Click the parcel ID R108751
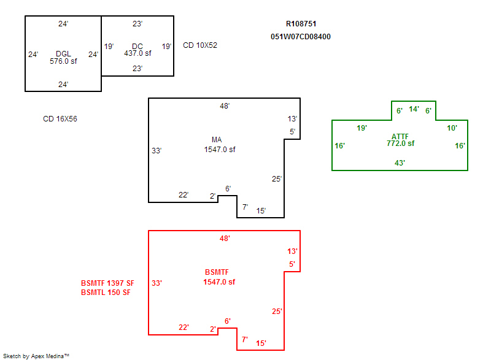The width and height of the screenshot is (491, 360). click(x=301, y=24)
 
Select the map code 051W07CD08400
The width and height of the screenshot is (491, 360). click(x=301, y=36)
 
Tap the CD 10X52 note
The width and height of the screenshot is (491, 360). click(x=200, y=45)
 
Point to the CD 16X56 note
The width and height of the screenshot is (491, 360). click(x=60, y=119)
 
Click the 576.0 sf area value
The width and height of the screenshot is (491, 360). click(x=63, y=61)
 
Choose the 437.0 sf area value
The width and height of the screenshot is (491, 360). click(x=137, y=53)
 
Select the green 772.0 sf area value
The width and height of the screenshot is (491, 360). click(x=400, y=144)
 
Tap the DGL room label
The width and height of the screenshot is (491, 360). click(x=63, y=54)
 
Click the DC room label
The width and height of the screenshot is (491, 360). click(x=137, y=46)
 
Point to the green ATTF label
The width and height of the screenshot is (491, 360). click(x=400, y=136)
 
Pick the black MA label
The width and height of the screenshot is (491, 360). click(x=217, y=140)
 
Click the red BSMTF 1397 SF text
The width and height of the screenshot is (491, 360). click(x=107, y=283)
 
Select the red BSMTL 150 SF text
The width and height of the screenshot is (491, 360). click(x=106, y=293)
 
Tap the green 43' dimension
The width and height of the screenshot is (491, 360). click(x=400, y=163)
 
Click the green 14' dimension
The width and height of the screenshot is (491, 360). click(x=414, y=110)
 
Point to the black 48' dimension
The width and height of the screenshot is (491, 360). click(x=225, y=106)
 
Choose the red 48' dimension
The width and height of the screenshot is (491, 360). click(x=225, y=239)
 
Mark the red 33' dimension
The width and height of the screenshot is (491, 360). click(x=157, y=283)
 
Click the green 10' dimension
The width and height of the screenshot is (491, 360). click(x=452, y=128)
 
